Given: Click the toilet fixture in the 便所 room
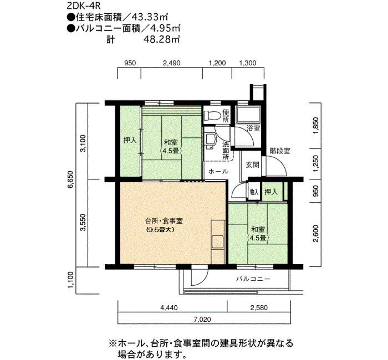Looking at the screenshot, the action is (212, 115).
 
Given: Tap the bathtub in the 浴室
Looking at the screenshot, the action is (248, 115).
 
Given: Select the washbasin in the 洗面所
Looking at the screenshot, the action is (210, 141).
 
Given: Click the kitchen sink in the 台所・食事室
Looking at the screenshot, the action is (218, 242).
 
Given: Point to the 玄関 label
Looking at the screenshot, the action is (252, 164).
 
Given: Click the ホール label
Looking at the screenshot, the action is (218, 171).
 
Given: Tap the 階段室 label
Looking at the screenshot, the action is (279, 151).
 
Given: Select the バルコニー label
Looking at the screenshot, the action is (253, 279).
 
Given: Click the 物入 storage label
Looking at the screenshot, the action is (254, 192).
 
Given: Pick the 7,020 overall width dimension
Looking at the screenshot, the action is (202, 320).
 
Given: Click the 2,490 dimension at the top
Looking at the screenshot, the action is (171, 63).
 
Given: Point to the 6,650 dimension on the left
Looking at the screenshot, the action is (70, 179).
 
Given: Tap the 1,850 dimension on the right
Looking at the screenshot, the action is (316, 126).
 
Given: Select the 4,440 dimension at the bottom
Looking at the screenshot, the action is (169, 308).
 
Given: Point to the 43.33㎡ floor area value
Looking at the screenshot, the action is (150, 17).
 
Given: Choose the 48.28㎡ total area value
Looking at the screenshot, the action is (161, 39).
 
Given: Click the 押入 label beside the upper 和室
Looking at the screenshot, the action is (130, 140).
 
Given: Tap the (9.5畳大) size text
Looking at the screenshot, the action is (160, 229).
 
